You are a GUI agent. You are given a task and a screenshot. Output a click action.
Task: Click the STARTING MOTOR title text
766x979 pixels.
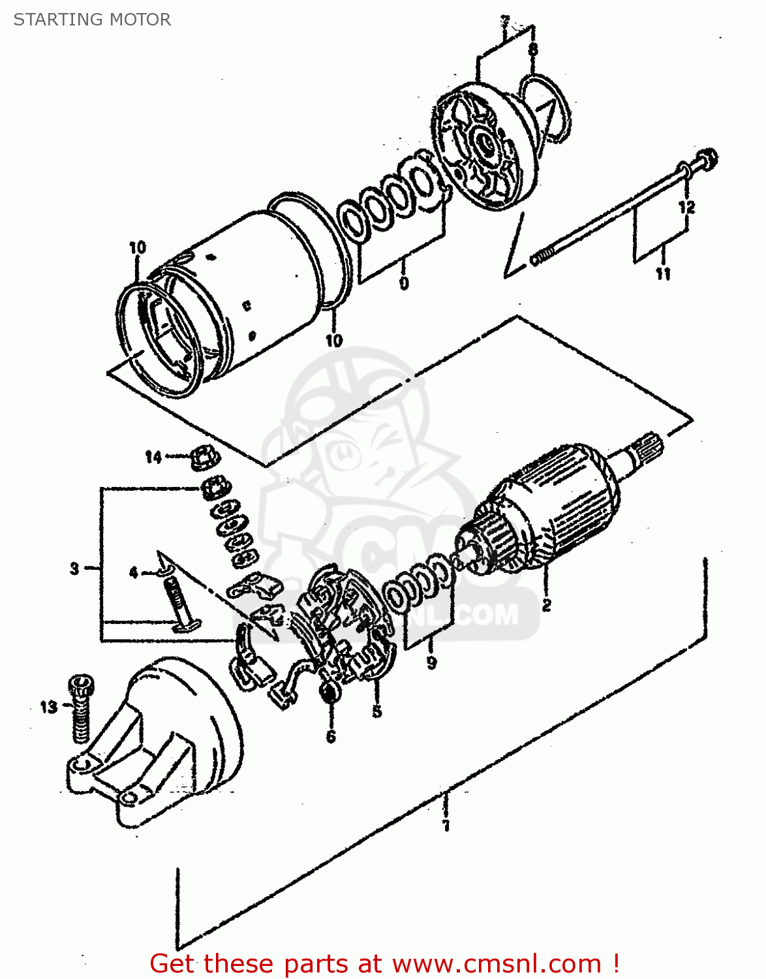click(92, 20)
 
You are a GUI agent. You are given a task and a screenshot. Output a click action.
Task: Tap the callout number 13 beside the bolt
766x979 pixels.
click(49, 707)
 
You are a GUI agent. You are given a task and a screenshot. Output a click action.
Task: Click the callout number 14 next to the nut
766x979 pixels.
click(153, 457)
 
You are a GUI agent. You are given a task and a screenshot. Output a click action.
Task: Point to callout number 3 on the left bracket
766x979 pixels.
click(75, 568)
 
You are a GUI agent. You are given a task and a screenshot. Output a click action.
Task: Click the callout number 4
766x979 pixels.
click(134, 573)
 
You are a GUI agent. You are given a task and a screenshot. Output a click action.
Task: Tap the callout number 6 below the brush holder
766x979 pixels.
click(331, 737)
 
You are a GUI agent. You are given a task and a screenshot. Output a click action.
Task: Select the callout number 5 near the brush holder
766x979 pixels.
click(377, 711)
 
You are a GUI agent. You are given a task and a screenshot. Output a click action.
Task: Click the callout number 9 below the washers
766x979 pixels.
click(431, 662)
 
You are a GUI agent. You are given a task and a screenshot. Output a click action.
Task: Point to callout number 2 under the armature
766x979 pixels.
click(546, 605)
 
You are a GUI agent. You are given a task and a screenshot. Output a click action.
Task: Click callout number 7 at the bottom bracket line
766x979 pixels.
click(446, 826)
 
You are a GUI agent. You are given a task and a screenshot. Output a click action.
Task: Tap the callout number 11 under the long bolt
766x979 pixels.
click(663, 273)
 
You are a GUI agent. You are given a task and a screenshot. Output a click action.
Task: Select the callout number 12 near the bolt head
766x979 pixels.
click(686, 208)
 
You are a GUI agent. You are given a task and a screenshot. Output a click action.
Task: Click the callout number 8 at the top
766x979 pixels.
click(533, 49)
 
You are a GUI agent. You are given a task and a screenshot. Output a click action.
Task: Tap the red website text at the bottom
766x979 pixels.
click(384, 963)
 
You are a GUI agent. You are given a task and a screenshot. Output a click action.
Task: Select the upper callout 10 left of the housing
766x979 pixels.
click(138, 247)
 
